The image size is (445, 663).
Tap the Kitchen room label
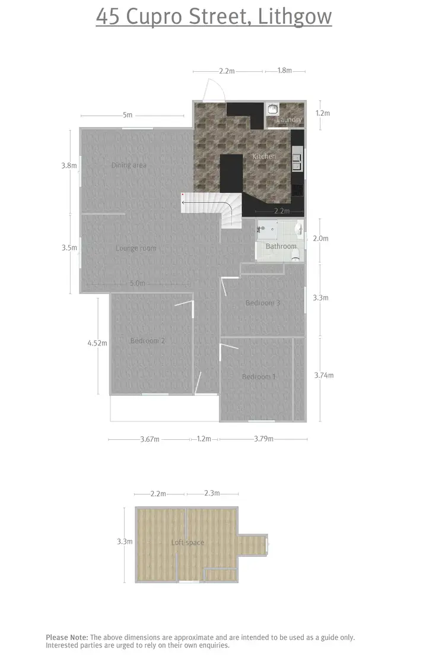[x=264, y=156]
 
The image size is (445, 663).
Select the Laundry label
[x=290, y=120]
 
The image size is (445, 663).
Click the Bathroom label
[x=281, y=246]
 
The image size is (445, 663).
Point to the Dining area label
[x=129, y=166]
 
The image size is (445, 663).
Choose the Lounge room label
[x=136, y=248]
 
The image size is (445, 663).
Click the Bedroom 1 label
[x=259, y=377]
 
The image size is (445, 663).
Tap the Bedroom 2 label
[x=147, y=341]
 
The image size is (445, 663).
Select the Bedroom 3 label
[x=263, y=303]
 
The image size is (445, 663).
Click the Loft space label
[x=187, y=543]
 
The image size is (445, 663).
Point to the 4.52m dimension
[x=97, y=343]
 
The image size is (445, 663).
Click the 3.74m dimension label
[x=323, y=375]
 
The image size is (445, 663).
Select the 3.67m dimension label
[x=150, y=439]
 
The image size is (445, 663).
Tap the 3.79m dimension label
[x=263, y=439]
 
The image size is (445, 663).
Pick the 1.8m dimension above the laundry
[x=285, y=71]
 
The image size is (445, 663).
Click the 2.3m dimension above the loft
[x=212, y=493]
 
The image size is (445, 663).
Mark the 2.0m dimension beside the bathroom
[x=320, y=239]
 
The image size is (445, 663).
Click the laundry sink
[x=272, y=109]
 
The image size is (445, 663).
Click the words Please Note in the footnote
[x=67, y=637]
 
